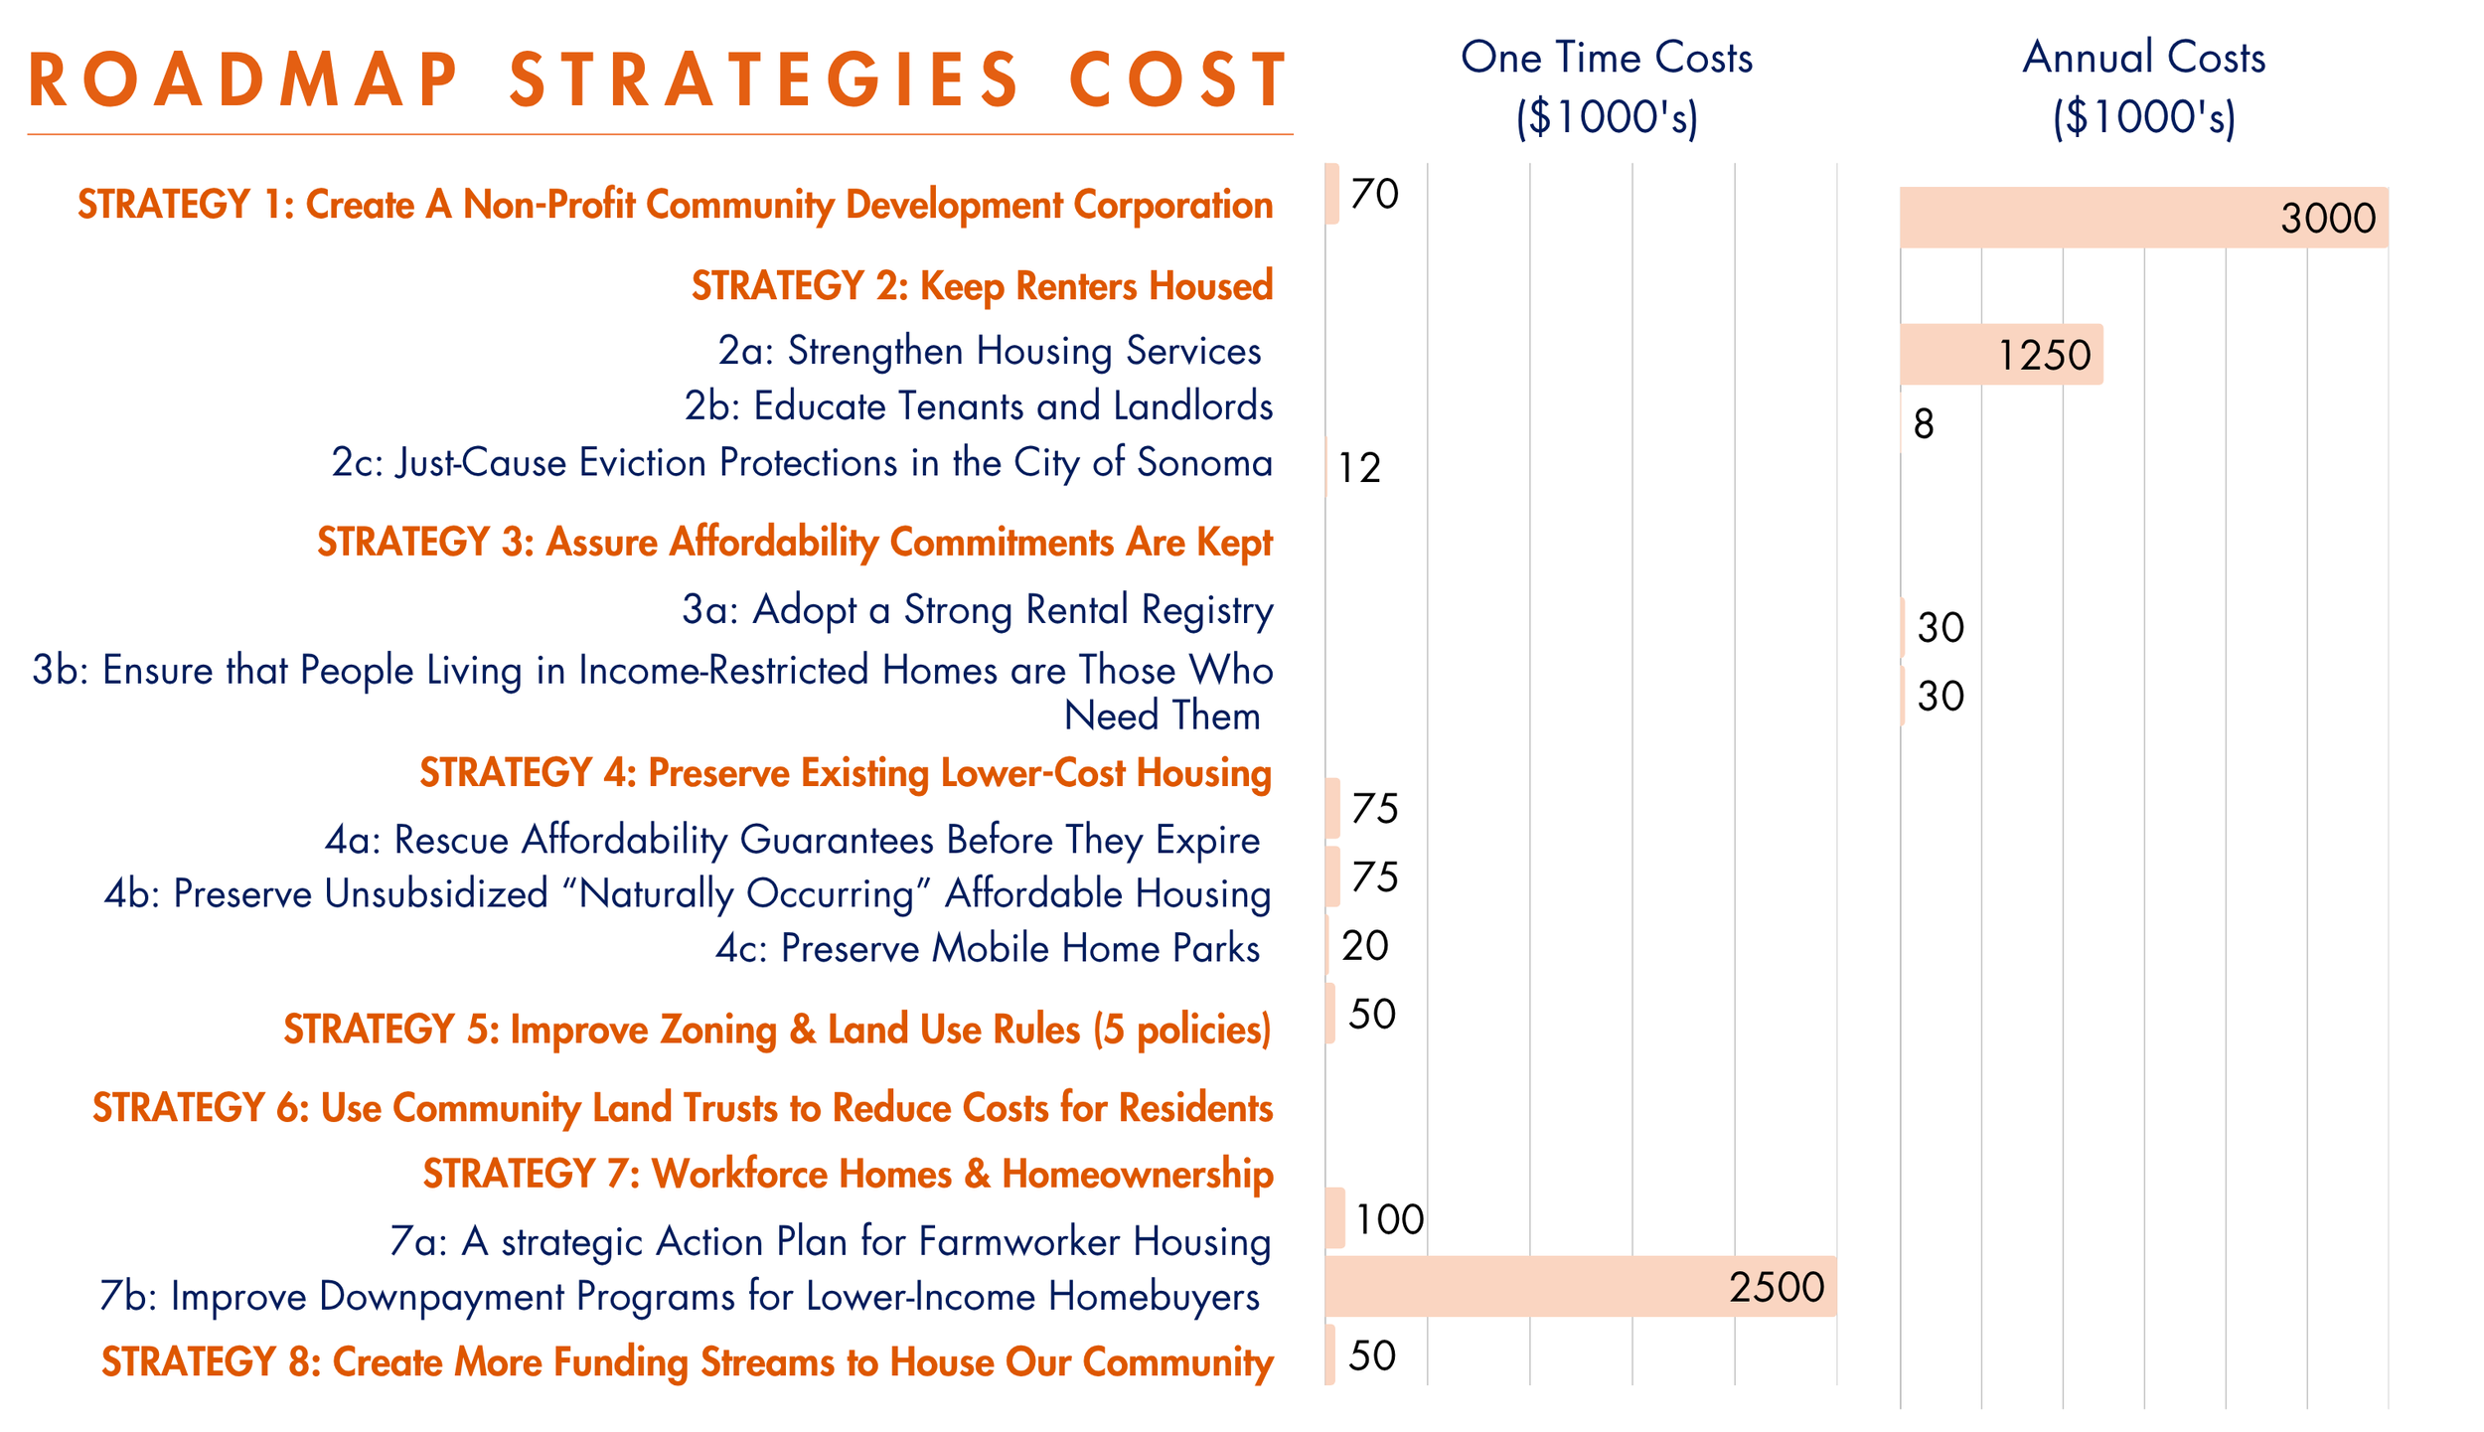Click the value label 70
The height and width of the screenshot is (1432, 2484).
(x=1374, y=194)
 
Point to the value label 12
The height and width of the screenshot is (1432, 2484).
(x=1358, y=467)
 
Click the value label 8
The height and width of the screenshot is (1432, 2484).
(x=1923, y=423)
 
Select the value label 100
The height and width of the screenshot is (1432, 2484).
(x=1388, y=1218)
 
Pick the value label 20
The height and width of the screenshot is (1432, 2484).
(x=1364, y=945)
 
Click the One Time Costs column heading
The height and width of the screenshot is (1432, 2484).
(x=1606, y=86)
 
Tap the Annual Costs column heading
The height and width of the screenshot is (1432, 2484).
(x=2143, y=86)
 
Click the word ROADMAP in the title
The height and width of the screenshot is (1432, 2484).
(x=243, y=80)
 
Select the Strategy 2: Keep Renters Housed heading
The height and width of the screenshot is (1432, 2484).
(x=982, y=285)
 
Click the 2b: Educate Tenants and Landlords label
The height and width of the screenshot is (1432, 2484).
(x=978, y=405)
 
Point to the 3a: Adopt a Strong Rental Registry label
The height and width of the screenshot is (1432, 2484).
(x=977, y=609)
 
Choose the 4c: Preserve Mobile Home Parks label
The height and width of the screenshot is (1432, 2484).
(x=988, y=948)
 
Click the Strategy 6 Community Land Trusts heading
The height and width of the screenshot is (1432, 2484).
(x=683, y=1107)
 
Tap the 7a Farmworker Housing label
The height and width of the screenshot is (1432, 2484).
(x=830, y=1241)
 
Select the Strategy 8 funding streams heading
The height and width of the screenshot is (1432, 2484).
(x=687, y=1361)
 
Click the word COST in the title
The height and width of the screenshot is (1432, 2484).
(x=1177, y=80)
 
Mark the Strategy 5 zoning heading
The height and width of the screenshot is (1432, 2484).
(x=777, y=1029)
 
